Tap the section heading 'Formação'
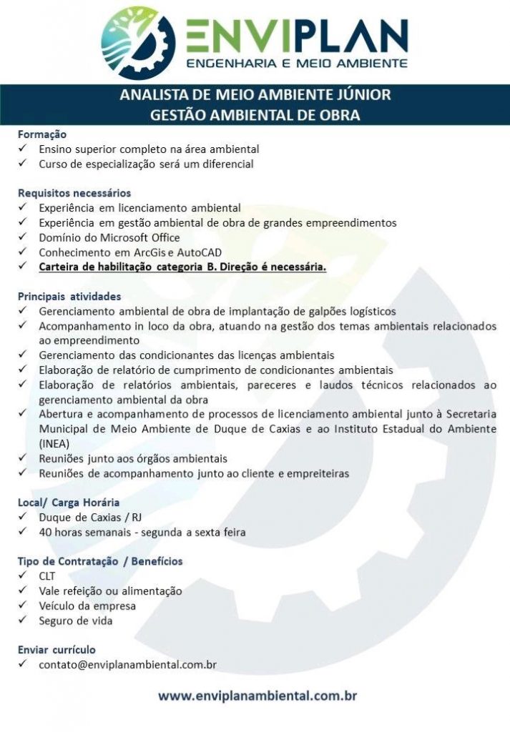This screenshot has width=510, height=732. (x=41, y=134)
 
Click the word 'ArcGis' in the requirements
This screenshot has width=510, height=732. (x=153, y=252)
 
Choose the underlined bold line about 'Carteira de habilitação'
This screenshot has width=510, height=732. (x=182, y=267)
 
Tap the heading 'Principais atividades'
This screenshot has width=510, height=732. (x=69, y=296)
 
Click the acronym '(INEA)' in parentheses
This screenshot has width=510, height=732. (x=55, y=443)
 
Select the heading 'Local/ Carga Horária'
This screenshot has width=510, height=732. (x=69, y=503)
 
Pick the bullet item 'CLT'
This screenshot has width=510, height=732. (x=47, y=576)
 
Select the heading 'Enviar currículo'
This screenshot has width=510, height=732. (x=57, y=650)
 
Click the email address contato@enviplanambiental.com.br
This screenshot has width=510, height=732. (x=127, y=665)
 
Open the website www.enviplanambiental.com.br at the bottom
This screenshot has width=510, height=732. (x=257, y=696)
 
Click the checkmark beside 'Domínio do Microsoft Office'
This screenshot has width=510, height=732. (x=24, y=237)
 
